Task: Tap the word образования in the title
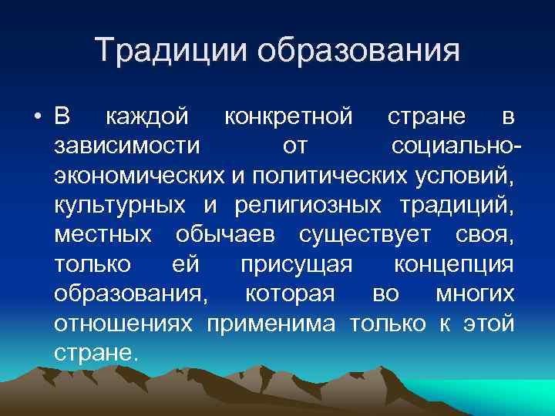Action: click(359, 52)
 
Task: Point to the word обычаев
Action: click(224, 234)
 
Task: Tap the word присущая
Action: click(296, 264)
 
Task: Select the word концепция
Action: click(453, 264)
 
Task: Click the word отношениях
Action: click(123, 323)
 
